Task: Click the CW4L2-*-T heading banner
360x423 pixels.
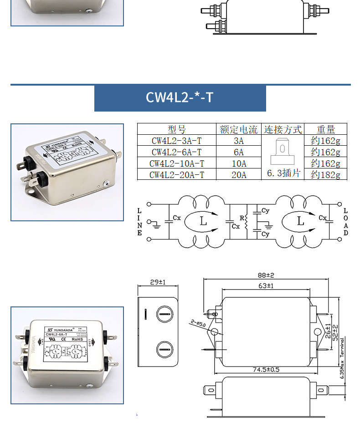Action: coord(180,98)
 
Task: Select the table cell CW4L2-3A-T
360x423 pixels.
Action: coord(176,141)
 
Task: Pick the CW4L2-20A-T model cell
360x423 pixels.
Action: coord(176,175)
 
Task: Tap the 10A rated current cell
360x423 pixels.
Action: coord(238,163)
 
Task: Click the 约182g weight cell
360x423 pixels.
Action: coord(325,175)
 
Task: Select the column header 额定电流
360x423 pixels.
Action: coord(238,129)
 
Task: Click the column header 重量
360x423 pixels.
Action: coord(325,129)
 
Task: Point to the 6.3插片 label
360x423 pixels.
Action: coord(283,174)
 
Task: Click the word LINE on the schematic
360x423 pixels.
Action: coord(140,222)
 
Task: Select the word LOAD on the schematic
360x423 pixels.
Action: coord(345,222)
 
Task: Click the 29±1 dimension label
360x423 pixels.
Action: coord(158,283)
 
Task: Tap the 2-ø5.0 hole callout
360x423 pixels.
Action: coord(199,323)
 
